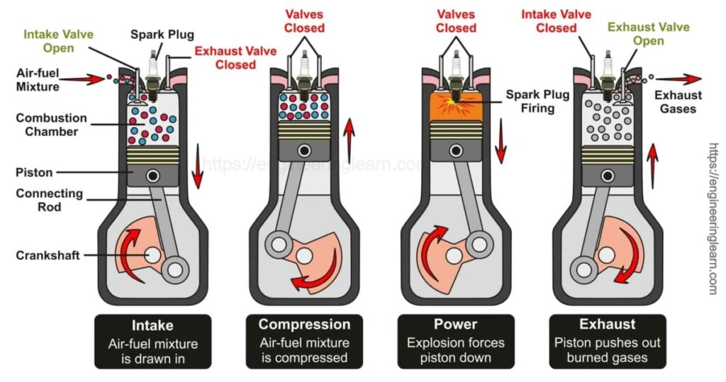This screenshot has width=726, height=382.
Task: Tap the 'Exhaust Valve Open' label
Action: [647, 34]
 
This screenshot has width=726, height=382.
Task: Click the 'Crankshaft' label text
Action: [46, 255]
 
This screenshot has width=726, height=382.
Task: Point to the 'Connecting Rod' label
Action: [50, 200]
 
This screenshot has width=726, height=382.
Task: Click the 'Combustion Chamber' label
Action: [51, 125]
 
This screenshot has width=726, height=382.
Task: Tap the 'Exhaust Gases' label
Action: [678, 102]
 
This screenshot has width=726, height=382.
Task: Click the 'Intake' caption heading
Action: [152, 325]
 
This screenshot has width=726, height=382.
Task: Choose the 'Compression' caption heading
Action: [304, 325]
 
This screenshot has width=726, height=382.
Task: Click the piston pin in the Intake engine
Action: [152, 174]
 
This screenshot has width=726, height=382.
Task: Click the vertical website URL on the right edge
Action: [713, 220]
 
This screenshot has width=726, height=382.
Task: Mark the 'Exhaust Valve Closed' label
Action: [225, 57]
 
